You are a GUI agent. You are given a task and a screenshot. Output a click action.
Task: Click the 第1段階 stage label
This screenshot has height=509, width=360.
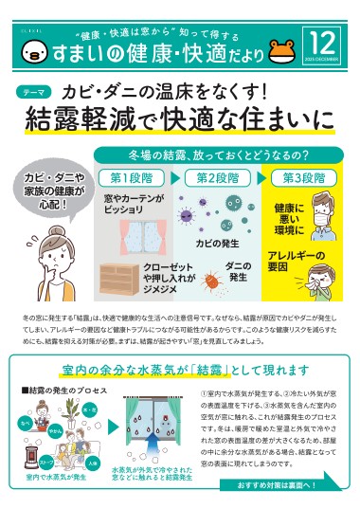tap(132, 177)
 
